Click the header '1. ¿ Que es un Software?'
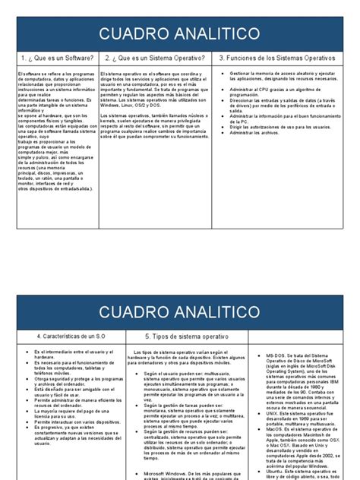click(x=57, y=58)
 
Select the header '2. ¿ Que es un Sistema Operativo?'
click(x=156, y=58)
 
